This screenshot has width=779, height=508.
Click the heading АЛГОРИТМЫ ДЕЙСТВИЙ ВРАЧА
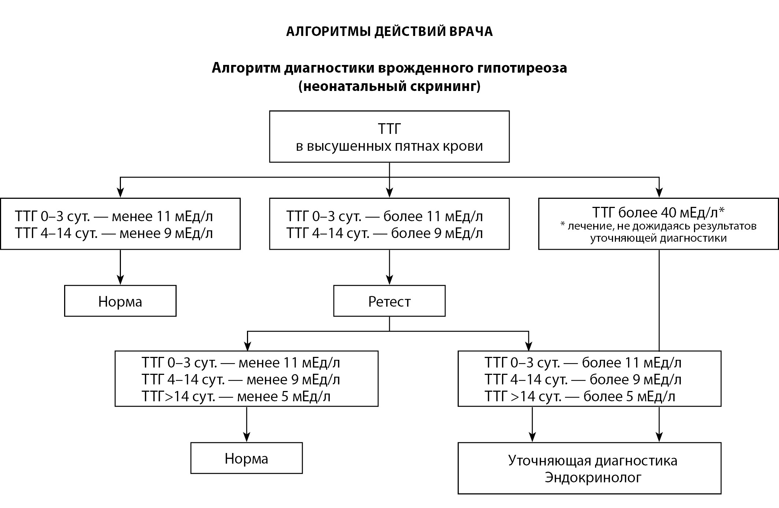tap(389, 32)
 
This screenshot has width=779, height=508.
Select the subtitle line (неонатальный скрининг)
tap(389, 87)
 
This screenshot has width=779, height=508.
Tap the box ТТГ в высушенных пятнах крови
tap(389, 137)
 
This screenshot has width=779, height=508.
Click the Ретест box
tap(389, 301)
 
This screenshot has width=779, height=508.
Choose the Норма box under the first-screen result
tap(120, 301)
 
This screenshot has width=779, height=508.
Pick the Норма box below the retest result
tap(247, 458)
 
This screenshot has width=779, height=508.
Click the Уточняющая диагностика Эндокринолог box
tap(590, 468)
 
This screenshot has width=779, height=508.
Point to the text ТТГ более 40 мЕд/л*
tap(658, 212)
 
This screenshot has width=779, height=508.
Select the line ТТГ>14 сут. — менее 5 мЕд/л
tap(236, 396)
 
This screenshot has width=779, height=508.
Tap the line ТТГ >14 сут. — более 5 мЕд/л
tap(580, 396)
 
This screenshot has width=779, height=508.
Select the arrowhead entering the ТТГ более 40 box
tap(659, 193)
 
